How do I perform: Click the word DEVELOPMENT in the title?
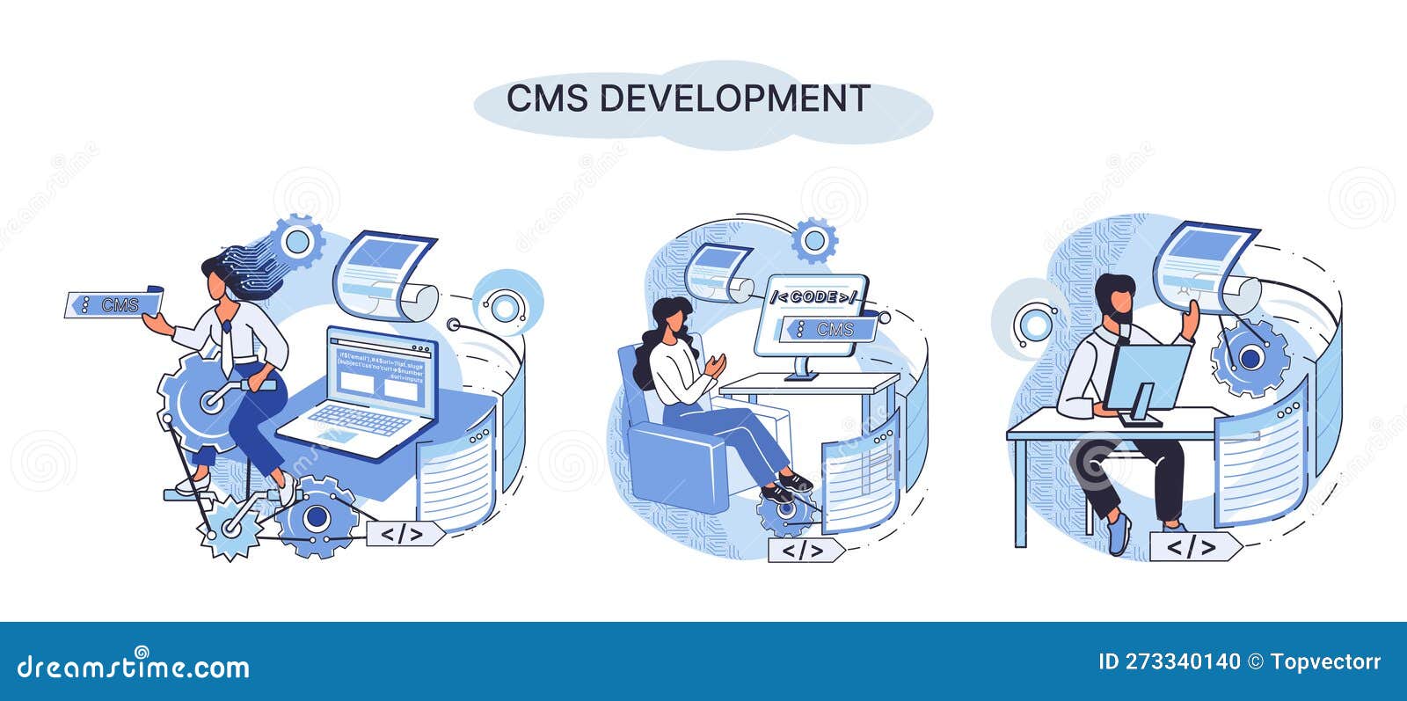coord(735,99)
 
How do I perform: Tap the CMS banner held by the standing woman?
coord(113,304)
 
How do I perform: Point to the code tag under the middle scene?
coord(802,551)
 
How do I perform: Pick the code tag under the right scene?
coord(1191,547)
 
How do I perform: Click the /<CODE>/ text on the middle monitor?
coord(813,297)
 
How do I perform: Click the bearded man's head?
coord(1116,299)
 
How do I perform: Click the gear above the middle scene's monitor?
coord(814,239)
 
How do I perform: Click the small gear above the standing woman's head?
coord(295,240)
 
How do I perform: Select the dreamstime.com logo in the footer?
coord(133,666)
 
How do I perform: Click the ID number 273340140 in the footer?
coord(1184,661)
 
